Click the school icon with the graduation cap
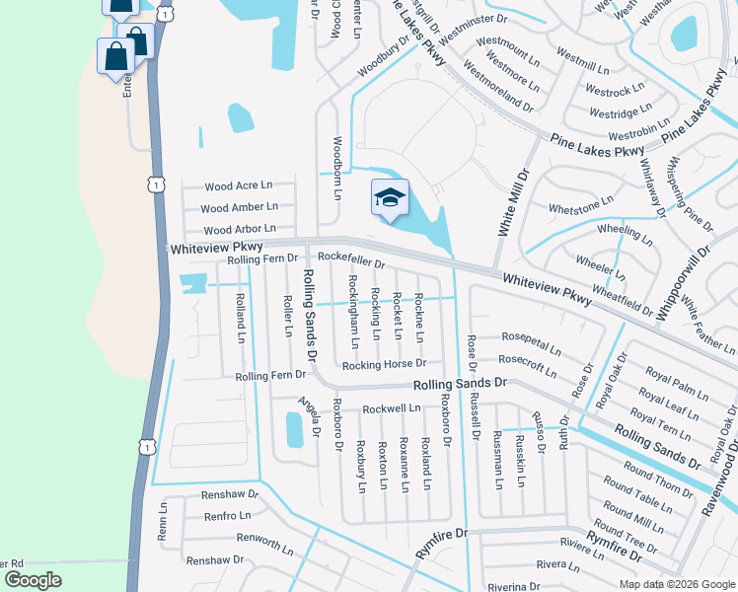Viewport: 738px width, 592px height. coord(389,197)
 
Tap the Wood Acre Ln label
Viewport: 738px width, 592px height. coord(238,185)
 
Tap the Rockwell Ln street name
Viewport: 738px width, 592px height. coord(392,407)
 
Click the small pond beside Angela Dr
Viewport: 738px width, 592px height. coord(294,429)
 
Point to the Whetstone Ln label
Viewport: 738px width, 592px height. coord(581,204)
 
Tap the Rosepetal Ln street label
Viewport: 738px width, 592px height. coord(531,342)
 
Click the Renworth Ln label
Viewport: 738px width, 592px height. coord(232,539)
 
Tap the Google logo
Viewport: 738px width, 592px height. coord(33,580)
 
